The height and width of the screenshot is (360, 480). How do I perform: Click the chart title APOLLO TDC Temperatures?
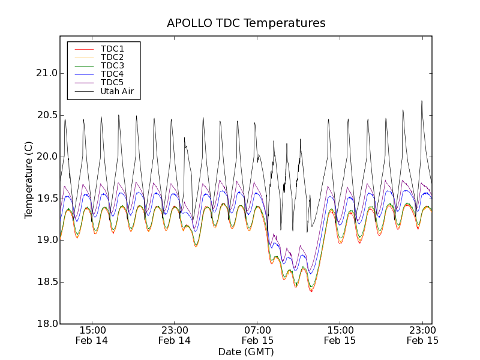pos(246,23)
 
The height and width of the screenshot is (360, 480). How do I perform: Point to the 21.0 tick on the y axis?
pos(46,73)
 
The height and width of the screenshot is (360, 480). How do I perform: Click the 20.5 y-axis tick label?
pos(46,115)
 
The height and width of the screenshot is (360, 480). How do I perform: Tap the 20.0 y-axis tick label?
pos(46,157)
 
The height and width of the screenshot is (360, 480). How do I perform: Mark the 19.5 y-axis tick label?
pos(46,199)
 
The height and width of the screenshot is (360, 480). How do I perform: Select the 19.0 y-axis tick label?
pos(46,240)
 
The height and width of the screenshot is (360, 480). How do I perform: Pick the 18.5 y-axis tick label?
pos(46,282)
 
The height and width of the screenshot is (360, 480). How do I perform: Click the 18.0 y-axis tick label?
pos(46,323)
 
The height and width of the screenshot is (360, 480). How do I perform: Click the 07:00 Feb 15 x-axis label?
pos(257,335)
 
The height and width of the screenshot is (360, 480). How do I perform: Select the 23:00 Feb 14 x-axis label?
pos(175,335)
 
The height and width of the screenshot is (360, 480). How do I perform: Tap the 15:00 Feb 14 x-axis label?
pos(92,335)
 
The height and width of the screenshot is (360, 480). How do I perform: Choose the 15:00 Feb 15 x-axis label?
pos(340,335)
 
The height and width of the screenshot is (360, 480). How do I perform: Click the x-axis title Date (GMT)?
pos(246,352)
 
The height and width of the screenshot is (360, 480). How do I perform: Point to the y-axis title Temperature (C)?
pos(29,180)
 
